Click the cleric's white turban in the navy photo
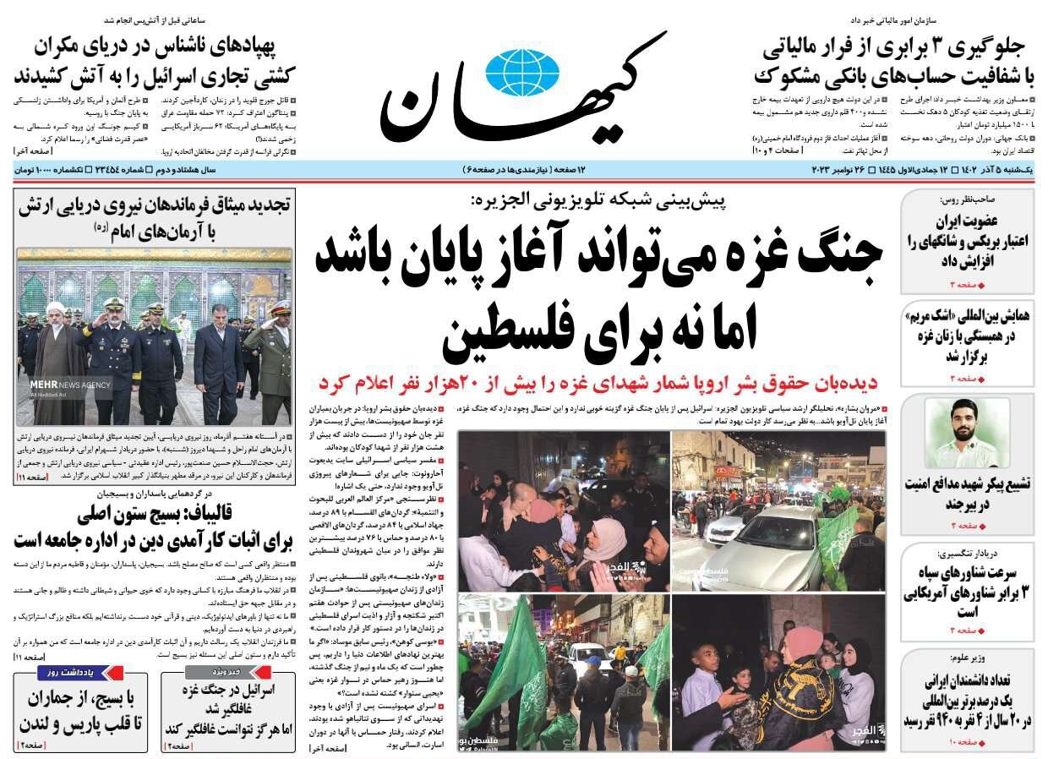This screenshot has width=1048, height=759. point(55,309)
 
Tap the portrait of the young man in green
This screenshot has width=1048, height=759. point(968,432)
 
